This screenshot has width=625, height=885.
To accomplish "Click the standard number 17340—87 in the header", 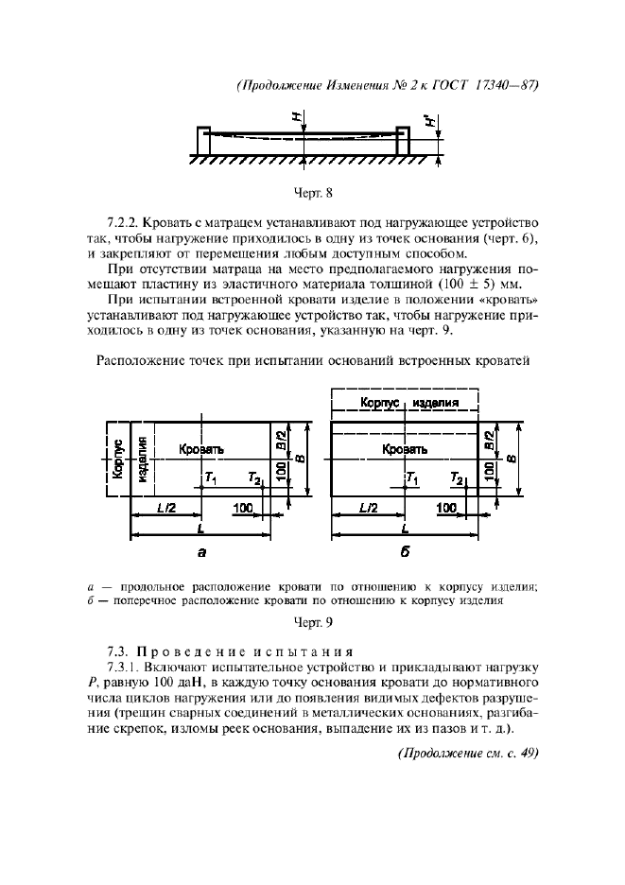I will tap(502, 84).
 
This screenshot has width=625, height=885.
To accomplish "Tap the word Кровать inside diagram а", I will tap(200, 450).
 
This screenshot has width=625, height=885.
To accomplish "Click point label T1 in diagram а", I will tap(210, 479).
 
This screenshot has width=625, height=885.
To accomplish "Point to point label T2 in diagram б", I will tap(457, 479).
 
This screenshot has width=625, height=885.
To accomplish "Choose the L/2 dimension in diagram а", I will tap(165, 509).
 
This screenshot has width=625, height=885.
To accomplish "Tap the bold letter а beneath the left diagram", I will tap(200, 553).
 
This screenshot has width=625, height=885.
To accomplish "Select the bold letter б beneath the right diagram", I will tap(405, 553).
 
